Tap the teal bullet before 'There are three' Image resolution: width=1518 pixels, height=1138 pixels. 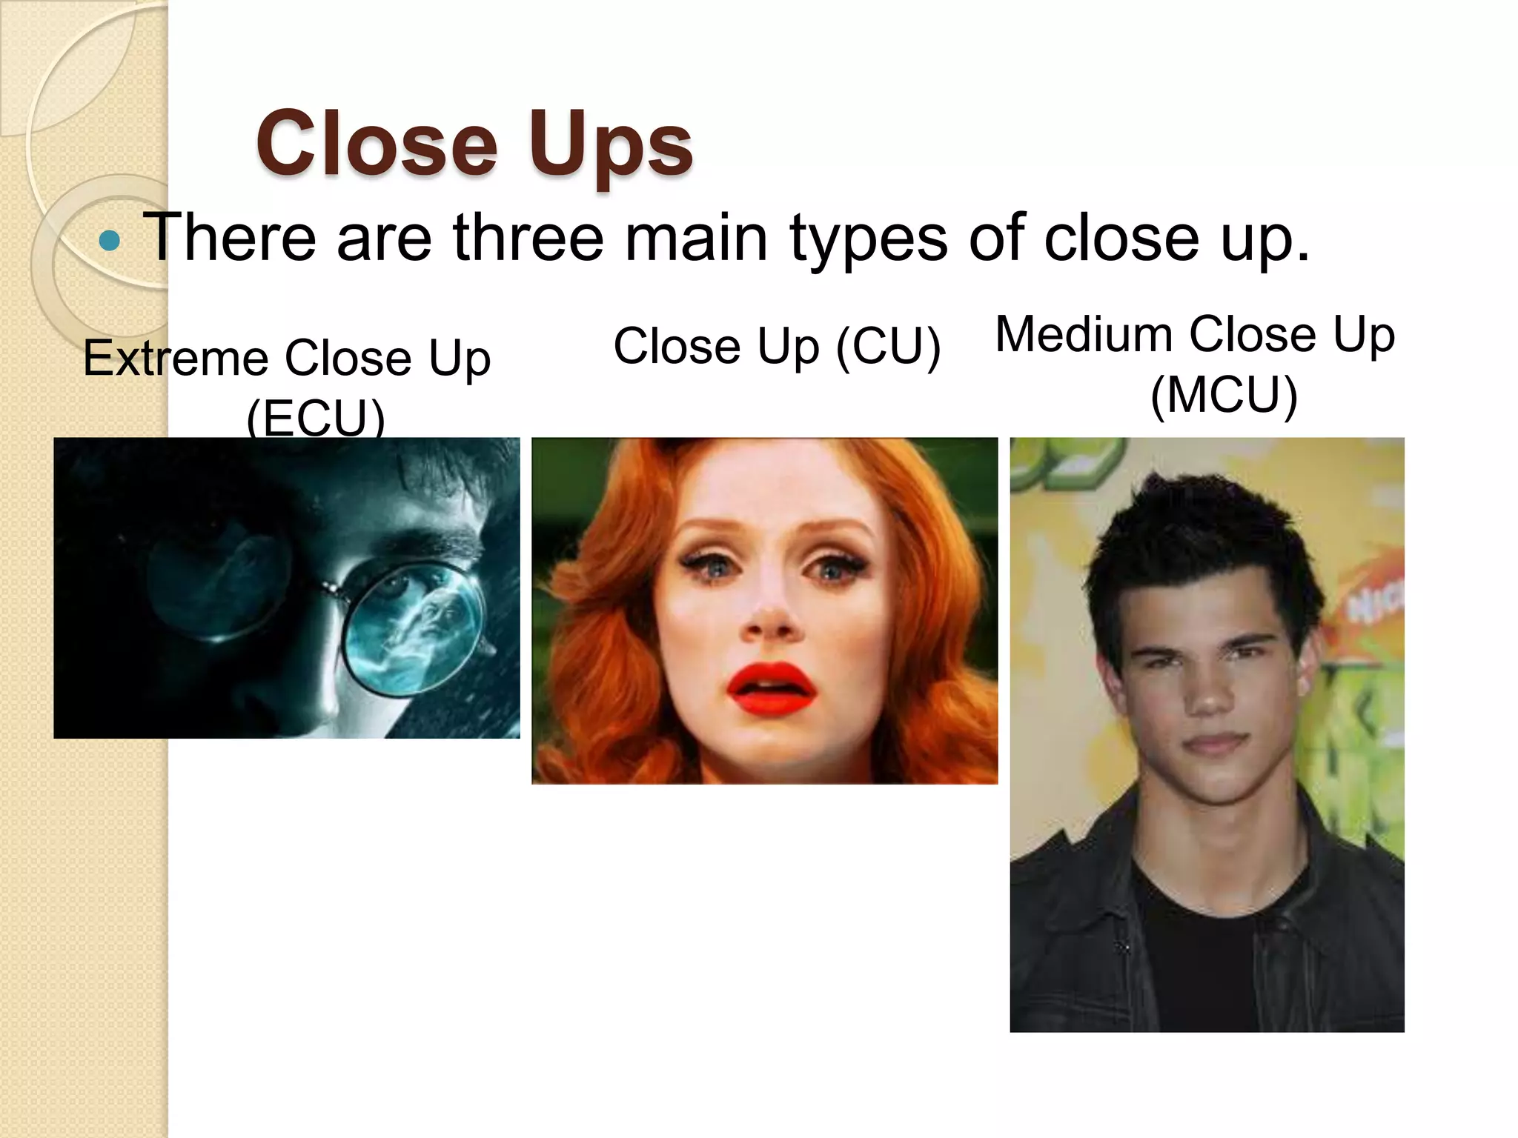point(110,240)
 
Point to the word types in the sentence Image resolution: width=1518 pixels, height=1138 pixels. point(868,239)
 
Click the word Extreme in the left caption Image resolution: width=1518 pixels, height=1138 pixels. point(176,359)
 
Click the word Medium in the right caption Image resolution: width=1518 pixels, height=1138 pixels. point(1082,335)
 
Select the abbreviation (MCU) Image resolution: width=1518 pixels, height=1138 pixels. point(1224,394)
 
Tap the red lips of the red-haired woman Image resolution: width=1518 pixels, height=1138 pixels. point(771,689)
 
